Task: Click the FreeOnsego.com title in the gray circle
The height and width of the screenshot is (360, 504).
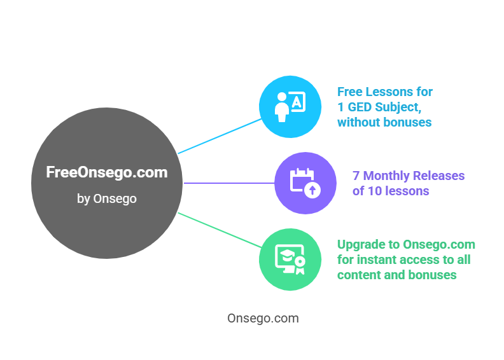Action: (107, 172)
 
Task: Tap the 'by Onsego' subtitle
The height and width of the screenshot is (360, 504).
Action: (107, 198)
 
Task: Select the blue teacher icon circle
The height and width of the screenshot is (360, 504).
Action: (290, 107)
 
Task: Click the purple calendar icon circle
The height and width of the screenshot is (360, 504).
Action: (305, 183)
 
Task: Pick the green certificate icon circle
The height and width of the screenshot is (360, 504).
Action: (290, 259)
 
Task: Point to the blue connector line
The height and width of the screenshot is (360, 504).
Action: (220, 136)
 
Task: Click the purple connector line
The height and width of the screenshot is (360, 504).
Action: (229, 183)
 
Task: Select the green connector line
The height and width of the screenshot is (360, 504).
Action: (220, 230)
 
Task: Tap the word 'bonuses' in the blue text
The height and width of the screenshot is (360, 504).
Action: (408, 122)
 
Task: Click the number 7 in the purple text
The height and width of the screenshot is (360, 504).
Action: (356, 176)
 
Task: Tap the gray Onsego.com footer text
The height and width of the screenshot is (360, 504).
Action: (263, 318)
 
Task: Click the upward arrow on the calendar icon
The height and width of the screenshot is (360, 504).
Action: (312, 190)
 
